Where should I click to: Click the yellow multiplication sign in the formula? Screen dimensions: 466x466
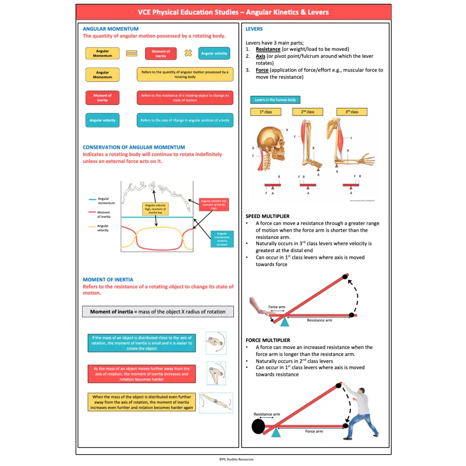pyautogui.click(x=188, y=53)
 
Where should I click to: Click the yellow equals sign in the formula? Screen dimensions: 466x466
pyautogui.click(x=132, y=53)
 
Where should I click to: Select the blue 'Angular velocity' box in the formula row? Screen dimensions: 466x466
pyautogui.click(x=214, y=53)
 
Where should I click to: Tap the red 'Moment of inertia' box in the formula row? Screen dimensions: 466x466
pyautogui.click(x=161, y=54)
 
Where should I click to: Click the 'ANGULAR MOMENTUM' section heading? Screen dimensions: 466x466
pyautogui.click(x=111, y=29)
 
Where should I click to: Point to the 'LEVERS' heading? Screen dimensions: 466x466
pyautogui.click(x=254, y=29)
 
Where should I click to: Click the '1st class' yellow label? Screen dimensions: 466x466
pyautogui.click(x=265, y=112)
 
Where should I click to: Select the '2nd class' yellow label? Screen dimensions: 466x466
pyautogui.click(x=308, y=112)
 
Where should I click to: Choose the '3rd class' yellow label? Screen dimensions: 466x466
pyautogui.click(x=352, y=112)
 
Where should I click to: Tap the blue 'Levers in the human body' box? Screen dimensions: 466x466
pyautogui.click(x=275, y=100)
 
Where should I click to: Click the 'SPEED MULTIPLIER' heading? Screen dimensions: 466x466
pyautogui.click(x=268, y=216)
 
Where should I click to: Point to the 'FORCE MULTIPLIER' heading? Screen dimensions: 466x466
pyautogui.click(x=268, y=340)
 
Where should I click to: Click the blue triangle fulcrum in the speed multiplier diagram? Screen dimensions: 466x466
pyautogui.click(x=285, y=322)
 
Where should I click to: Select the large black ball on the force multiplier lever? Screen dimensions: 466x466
pyautogui.click(x=258, y=427)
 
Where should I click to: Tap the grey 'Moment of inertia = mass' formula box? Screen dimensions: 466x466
pyautogui.click(x=157, y=312)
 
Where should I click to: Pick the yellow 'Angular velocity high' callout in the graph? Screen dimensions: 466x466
pyautogui.click(x=156, y=209)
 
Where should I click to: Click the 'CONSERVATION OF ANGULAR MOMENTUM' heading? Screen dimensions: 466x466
pyautogui.click(x=134, y=147)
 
